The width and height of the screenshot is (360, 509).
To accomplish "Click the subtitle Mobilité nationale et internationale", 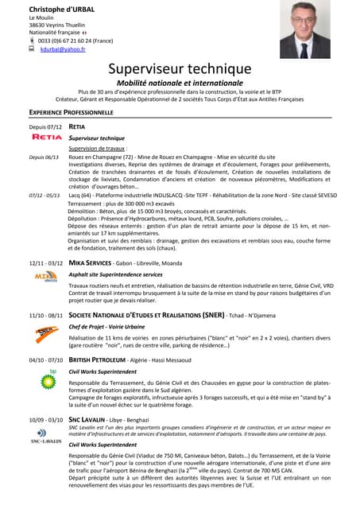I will coord(180,83).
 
